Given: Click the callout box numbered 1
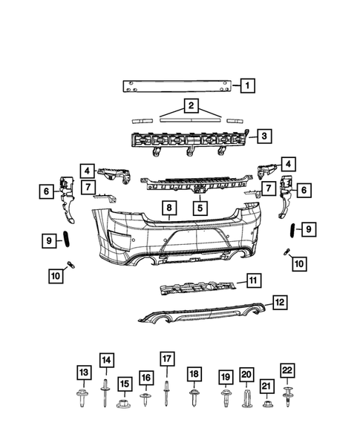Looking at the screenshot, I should click(x=245, y=86).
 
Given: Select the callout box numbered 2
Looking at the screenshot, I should click(x=192, y=106).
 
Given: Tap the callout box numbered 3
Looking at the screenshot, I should click(x=264, y=136).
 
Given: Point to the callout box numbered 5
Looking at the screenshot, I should click(x=199, y=208).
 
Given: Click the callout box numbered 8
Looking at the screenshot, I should click(x=169, y=208).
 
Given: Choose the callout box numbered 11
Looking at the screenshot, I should click(x=254, y=280).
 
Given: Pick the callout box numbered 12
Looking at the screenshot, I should click(x=279, y=302).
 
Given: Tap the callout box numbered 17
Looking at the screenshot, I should click(x=166, y=358).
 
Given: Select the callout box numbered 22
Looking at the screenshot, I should click(x=287, y=369).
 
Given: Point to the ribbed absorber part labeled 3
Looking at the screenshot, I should click(x=189, y=139).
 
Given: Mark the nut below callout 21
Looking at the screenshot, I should click(x=268, y=405).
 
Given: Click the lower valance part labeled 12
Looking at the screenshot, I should click(x=200, y=314).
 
